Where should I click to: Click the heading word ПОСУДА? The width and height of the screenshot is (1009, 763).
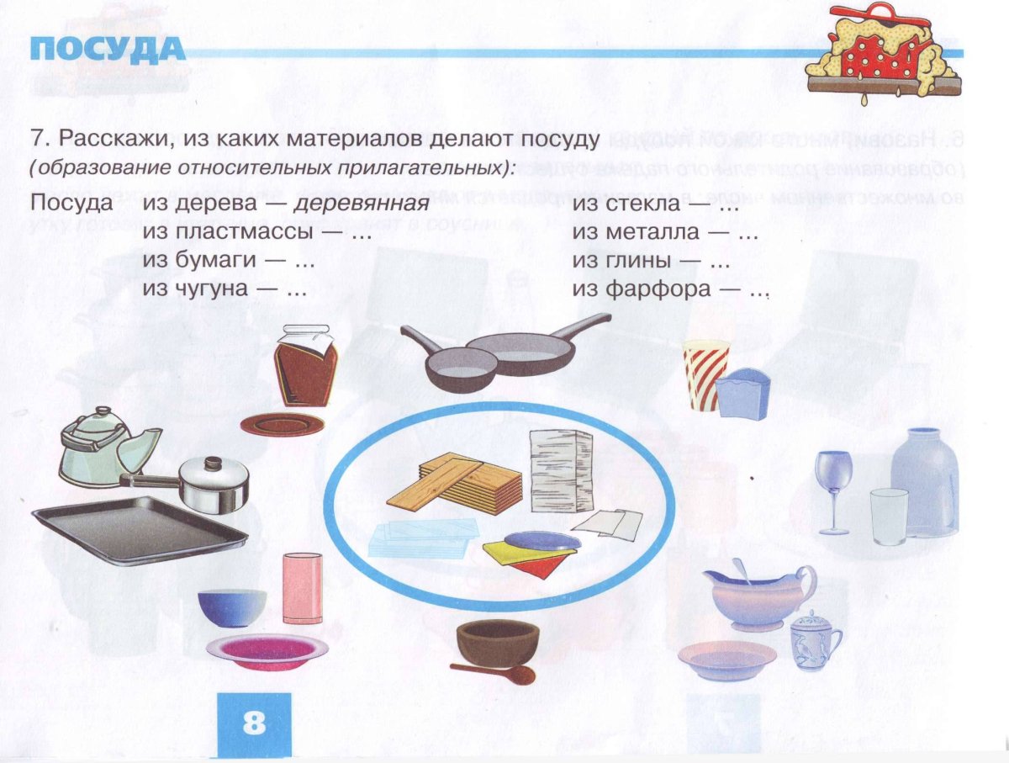(107, 50)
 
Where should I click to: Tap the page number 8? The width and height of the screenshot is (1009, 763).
(254, 723)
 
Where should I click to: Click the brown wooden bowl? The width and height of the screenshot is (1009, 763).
(498, 641)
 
